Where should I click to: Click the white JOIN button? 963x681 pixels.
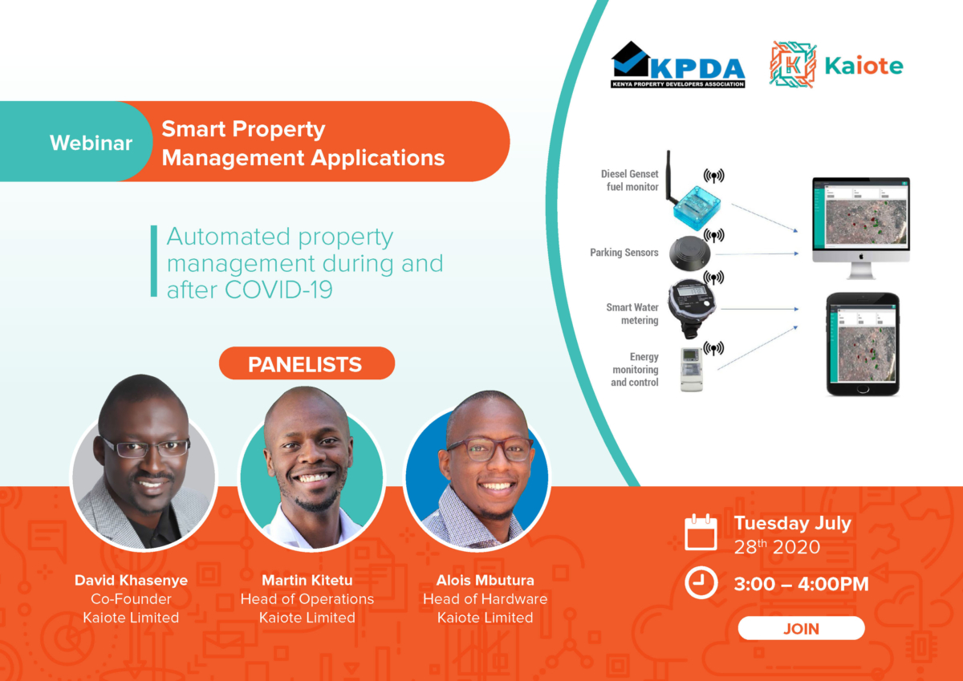pyautogui.click(x=801, y=628)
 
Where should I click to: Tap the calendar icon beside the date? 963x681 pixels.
pyautogui.click(x=701, y=533)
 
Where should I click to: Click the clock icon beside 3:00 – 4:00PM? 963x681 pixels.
pyautogui.click(x=701, y=583)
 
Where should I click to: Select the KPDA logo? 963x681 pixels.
pyautogui.click(x=678, y=64)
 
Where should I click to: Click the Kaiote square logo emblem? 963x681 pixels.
pyautogui.click(x=792, y=64)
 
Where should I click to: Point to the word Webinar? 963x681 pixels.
pyautogui.click(x=91, y=143)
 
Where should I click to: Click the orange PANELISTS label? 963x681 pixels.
pyautogui.click(x=306, y=364)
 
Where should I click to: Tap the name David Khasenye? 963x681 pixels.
pyautogui.click(x=131, y=580)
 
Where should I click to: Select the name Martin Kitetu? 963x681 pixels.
pyautogui.click(x=307, y=580)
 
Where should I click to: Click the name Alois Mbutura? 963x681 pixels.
pyautogui.click(x=485, y=580)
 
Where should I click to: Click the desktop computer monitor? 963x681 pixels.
pyautogui.click(x=860, y=221)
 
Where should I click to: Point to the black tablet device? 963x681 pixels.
pyautogui.click(x=863, y=343)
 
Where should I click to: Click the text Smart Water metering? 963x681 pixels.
pyautogui.click(x=632, y=314)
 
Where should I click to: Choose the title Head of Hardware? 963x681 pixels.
pyautogui.click(x=485, y=599)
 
